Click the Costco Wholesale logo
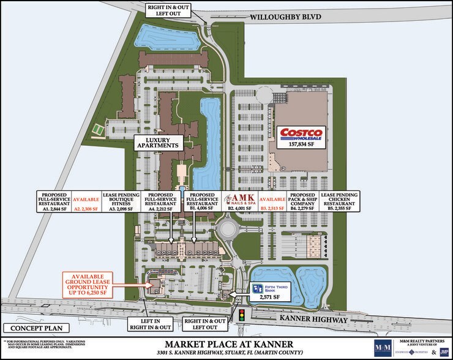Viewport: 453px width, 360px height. pos(301,135)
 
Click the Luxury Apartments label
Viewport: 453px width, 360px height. pos(159,143)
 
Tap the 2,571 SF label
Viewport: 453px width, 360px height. pos(266,297)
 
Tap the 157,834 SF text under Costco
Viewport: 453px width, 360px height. pos(301,144)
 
